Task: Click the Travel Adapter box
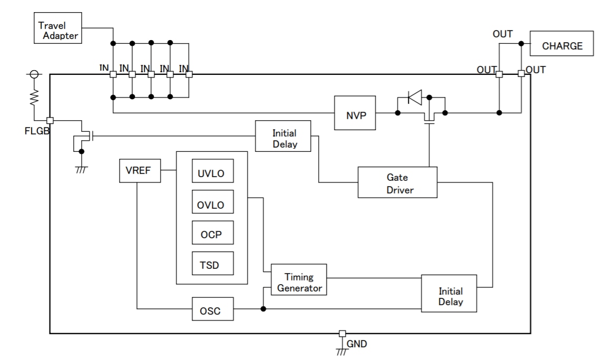57,31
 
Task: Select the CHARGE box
562,46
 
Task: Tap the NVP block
355,113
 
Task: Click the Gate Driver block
397,182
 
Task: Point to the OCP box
211,235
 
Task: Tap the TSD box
211,265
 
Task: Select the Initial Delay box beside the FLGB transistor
284,137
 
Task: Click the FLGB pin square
50,120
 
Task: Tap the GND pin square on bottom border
342,334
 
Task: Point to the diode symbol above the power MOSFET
415,98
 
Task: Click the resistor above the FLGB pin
34,97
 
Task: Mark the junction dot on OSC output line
262,309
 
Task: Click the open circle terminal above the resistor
34,75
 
